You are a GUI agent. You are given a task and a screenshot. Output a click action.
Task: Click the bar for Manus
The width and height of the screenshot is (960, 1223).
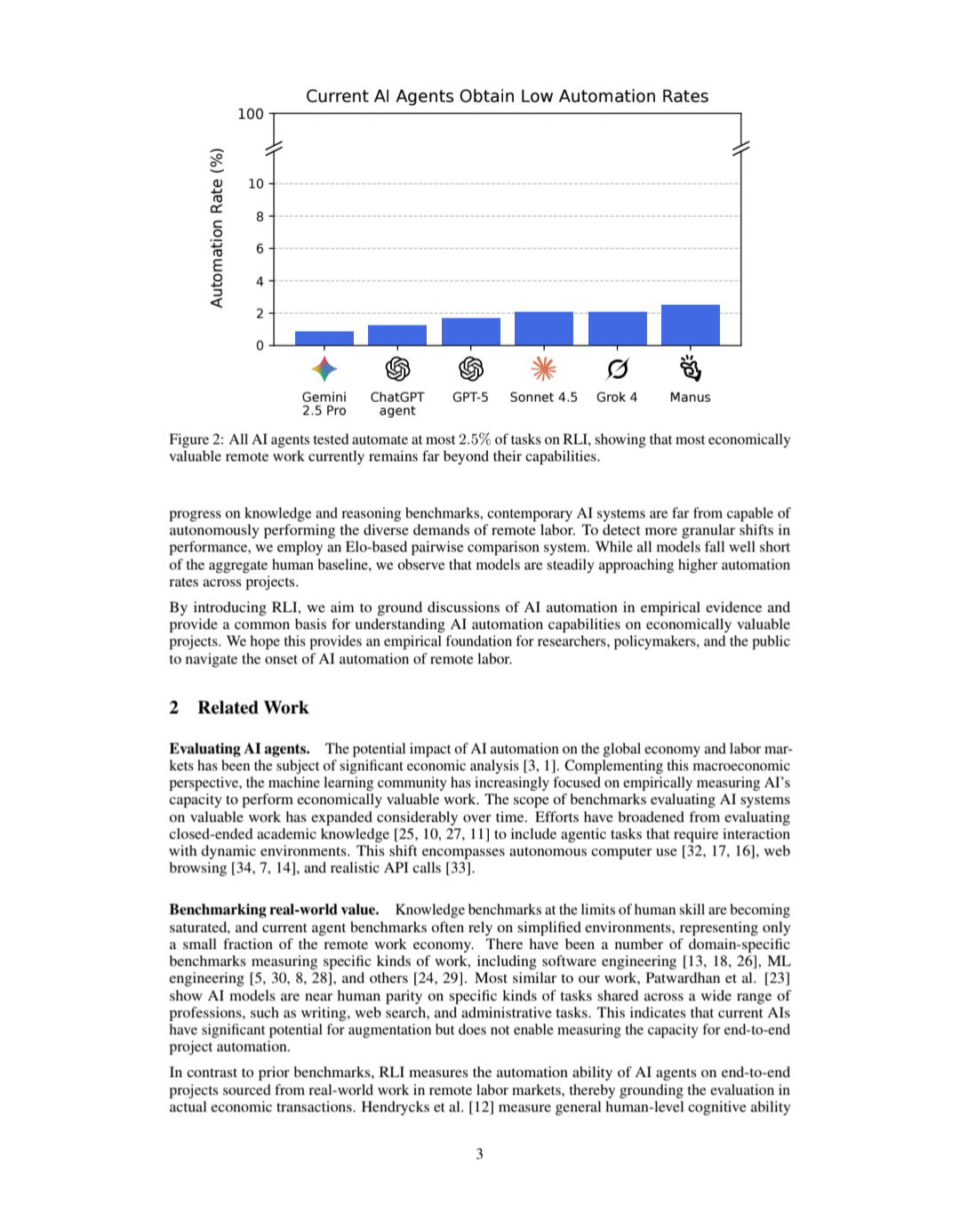[x=690, y=325]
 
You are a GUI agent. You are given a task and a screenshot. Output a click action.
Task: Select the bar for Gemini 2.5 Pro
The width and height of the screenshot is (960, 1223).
[x=324, y=338]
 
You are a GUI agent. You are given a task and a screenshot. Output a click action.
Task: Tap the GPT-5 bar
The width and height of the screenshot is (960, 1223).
[x=470, y=331]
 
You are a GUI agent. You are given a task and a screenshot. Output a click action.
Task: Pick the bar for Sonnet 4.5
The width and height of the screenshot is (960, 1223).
[x=543, y=328]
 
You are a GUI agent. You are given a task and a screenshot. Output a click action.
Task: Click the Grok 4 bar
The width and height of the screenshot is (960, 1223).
[x=617, y=328]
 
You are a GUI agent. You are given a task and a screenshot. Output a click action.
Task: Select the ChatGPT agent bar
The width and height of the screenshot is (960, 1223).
[x=397, y=334]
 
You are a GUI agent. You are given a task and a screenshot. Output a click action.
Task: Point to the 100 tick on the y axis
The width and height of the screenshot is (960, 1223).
[x=251, y=114]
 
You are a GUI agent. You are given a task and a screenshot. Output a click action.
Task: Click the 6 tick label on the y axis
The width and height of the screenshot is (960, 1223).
[x=260, y=249]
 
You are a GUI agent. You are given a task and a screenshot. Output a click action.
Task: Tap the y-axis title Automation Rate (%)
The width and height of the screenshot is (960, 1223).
[x=217, y=229]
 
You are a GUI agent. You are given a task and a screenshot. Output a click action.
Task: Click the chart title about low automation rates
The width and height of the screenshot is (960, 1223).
[x=507, y=96]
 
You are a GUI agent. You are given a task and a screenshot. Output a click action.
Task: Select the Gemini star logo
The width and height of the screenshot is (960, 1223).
[x=324, y=368]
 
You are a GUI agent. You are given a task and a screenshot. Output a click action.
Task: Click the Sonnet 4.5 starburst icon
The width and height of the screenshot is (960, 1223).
[x=543, y=368]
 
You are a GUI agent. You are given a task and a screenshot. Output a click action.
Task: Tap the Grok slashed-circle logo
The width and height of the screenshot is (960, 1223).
[x=617, y=368]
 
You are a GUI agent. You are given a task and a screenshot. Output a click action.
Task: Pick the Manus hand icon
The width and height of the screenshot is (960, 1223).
[x=690, y=367]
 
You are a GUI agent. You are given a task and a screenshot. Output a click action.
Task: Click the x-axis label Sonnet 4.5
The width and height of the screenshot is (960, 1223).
[x=543, y=398]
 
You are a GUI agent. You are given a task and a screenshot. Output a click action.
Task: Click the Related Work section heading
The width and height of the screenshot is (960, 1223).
[x=252, y=708]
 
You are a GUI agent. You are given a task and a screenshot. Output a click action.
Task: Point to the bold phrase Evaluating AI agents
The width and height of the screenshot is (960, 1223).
[x=239, y=749]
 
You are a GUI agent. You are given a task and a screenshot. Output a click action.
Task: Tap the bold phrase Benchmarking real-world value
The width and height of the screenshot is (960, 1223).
[x=274, y=910]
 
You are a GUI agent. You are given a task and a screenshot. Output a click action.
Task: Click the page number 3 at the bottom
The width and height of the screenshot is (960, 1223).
[x=480, y=1155]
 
